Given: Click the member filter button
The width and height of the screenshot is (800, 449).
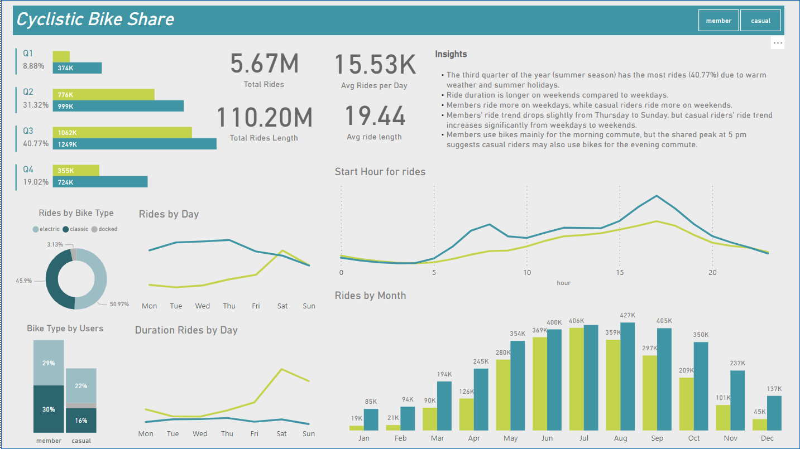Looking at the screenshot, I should tap(718, 21).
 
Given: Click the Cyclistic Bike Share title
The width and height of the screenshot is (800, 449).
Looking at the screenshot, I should tap(95, 20).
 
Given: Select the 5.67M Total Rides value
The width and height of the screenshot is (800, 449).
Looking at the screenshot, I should tap(264, 64).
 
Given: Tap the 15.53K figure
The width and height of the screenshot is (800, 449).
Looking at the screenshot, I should tap(375, 65).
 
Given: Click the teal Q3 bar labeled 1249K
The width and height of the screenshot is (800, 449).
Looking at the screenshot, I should tap(135, 144).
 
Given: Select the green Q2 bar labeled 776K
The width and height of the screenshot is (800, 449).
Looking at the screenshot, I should tap(103, 95).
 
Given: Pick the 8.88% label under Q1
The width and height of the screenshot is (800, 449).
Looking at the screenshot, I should tap(33, 66).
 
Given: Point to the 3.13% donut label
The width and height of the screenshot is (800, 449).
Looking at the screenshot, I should tap(56, 244).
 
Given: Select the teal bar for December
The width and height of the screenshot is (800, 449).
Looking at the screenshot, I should tap(774, 413).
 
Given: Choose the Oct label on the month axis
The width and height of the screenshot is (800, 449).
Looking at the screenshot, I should tap(694, 438).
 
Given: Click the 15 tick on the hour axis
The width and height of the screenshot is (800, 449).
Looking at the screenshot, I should tap(620, 273).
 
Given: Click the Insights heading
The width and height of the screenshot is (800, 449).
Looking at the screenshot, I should tap(451, 54).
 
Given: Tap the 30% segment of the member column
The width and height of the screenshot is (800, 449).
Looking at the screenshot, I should tap(49, 409).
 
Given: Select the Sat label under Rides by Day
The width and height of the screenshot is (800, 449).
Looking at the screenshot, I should tap(282, 306).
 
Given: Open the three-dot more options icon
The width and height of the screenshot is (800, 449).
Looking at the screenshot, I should tap(778, 43).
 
